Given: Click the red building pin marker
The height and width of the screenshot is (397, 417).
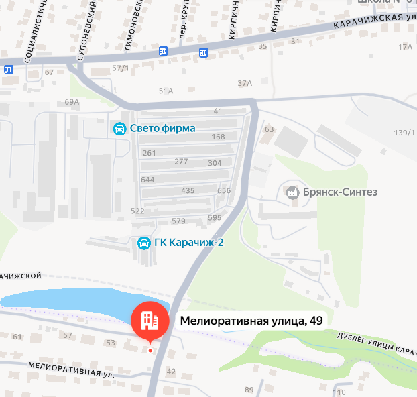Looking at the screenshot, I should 150,320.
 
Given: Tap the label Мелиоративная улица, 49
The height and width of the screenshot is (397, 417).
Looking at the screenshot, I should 251,321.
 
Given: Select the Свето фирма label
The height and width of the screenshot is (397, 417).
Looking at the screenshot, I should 162,129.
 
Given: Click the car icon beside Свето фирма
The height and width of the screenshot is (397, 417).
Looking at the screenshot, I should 119,129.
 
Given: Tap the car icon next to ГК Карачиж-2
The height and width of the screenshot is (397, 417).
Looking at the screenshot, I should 143,243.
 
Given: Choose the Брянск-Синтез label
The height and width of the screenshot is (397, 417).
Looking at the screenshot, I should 341,192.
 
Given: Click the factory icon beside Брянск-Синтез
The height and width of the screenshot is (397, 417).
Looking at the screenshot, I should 292,193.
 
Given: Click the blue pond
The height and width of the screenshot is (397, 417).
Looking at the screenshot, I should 67,301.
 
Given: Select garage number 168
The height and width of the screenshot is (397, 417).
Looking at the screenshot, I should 218,137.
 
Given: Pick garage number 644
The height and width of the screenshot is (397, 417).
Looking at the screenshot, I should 147,180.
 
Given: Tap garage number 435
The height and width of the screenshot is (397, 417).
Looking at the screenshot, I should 188,191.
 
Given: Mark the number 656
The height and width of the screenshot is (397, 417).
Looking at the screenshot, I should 224,191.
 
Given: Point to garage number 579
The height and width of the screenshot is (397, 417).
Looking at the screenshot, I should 178,221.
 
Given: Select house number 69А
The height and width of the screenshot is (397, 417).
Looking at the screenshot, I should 72,102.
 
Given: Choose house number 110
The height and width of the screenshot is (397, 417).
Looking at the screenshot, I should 339,392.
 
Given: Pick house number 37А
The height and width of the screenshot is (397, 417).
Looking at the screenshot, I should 245,83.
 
